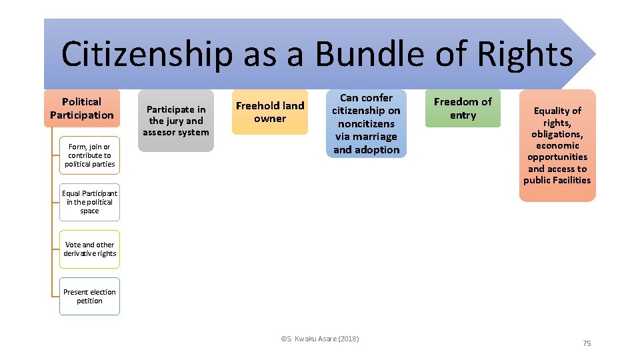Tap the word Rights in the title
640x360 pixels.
[525, 55]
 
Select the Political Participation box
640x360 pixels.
[82, 108]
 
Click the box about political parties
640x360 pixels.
[89, 155]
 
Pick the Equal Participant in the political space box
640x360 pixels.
[89, 202]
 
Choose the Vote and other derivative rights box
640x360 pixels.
[89, 249]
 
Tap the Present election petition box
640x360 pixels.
[89, 296]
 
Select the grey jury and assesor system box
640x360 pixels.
[176, 121]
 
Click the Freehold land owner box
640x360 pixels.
[270, 112]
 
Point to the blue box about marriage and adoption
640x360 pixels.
[366, 124]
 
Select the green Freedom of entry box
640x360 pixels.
[463, 108]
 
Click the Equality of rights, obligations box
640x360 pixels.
[557, 145]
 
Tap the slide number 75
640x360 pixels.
[587, 343]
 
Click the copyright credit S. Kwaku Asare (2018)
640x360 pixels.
[320, 339]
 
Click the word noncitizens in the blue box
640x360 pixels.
[366, 123]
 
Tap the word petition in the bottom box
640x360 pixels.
[89, 301]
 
